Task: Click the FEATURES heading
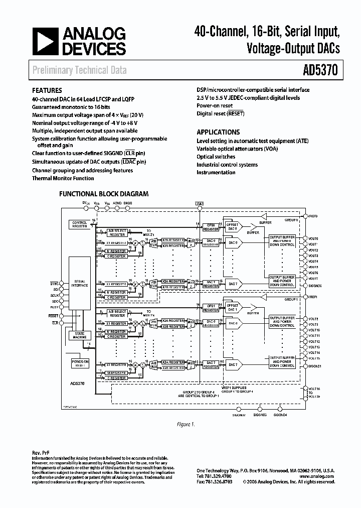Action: pyautogui.click(x=47, y=91)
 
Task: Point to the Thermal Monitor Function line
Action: pyautogui.click(x=63, y=178)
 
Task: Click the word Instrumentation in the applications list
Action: pyautogui.click(x=216, y=172)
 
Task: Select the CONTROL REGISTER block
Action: pyautogui.click(x=79, y=224)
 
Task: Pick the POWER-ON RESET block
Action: pyautogui.click(x=79, y=364)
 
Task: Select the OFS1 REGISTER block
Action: pyautogui.click(x=211, y=308)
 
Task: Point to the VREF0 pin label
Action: pyautogui.click(x=313, y=215)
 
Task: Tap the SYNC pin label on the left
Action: pyautogui.click(x=54, y=283)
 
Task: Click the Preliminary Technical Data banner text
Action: pyautogui.click(x=79, y=70)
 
